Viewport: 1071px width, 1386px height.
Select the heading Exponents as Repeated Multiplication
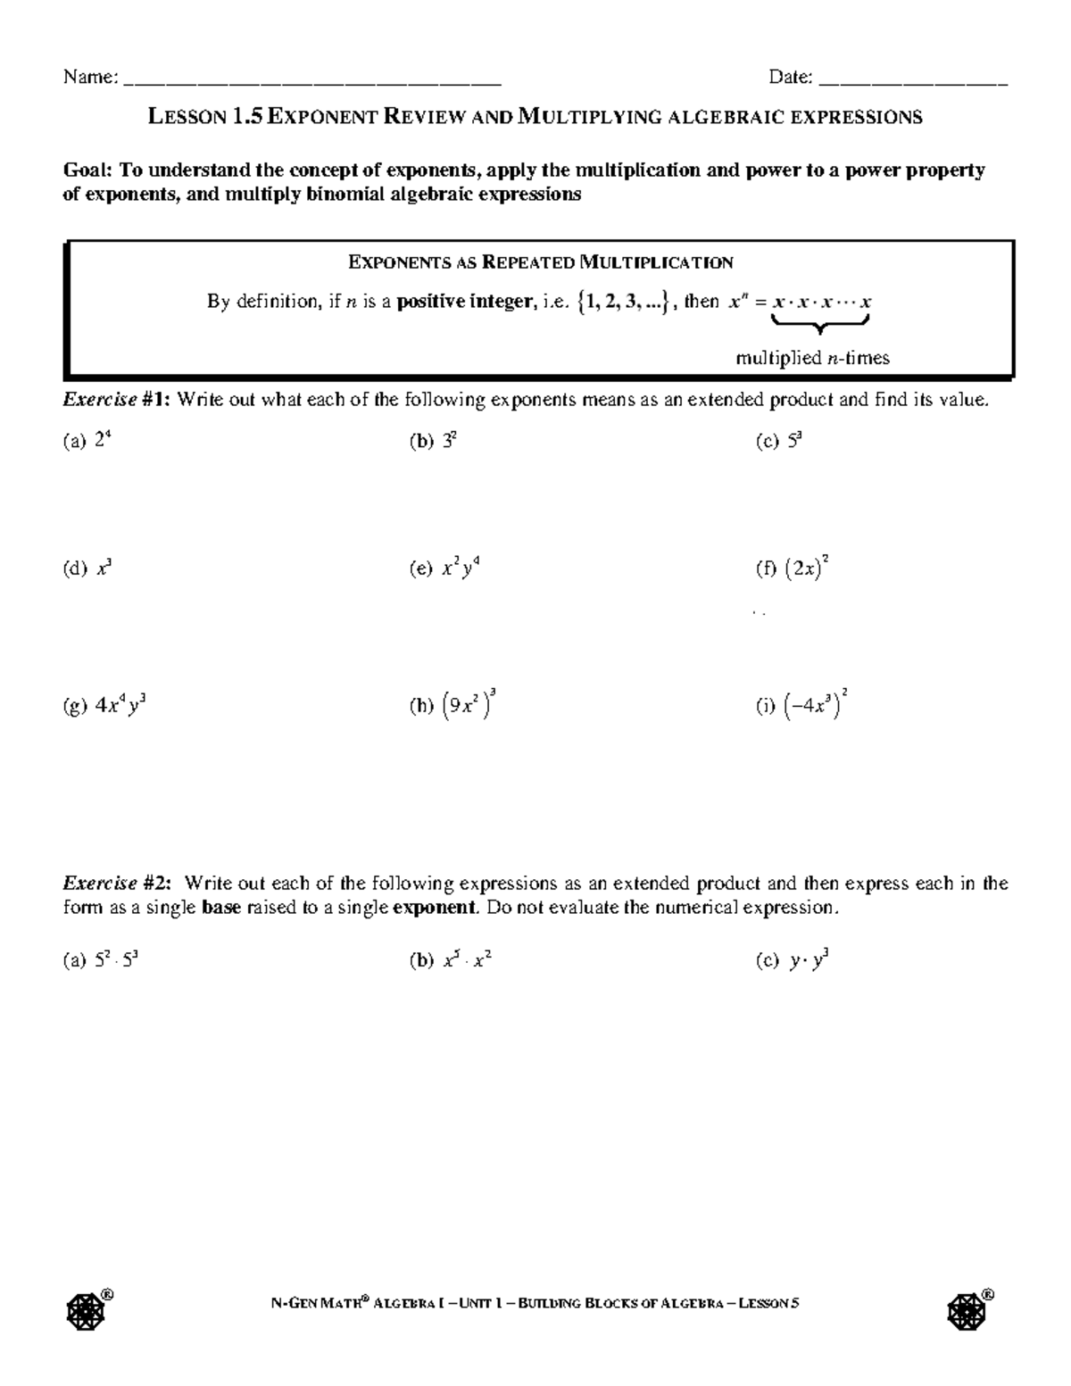coord(540,262)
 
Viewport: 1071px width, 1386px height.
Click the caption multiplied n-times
coord(812,359)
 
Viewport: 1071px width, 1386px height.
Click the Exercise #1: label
coord(116,400)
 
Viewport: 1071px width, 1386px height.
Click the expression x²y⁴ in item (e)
coord(461,569)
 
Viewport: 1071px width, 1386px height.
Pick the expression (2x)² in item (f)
coord(808,569)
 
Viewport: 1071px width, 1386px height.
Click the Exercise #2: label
coord(116,884)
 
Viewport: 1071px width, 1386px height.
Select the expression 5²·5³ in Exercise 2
coord(115,961)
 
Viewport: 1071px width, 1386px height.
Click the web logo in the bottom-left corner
coord(83,1308)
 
